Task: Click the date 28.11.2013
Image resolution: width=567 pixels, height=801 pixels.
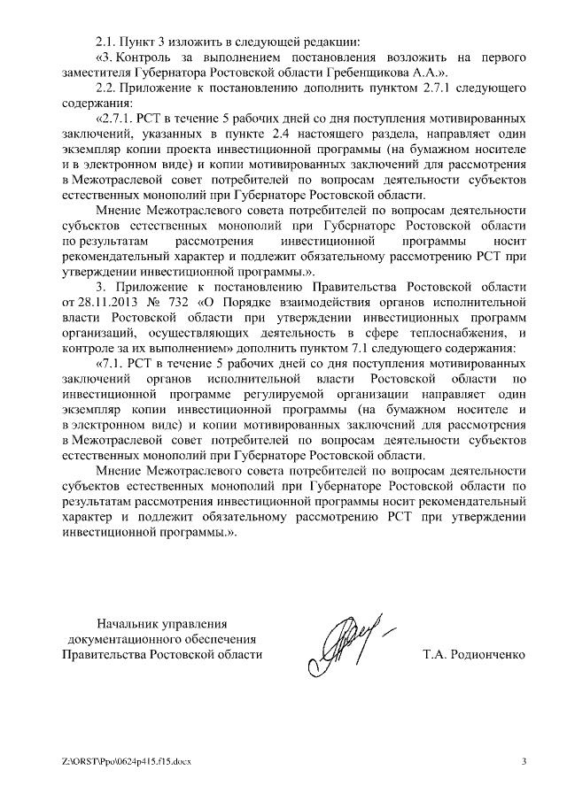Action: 108,303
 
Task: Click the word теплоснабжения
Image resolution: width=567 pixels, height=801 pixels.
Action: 456,334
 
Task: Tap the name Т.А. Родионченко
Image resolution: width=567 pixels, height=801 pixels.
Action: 474,655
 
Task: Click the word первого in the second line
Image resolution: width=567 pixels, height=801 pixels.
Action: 503,57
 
